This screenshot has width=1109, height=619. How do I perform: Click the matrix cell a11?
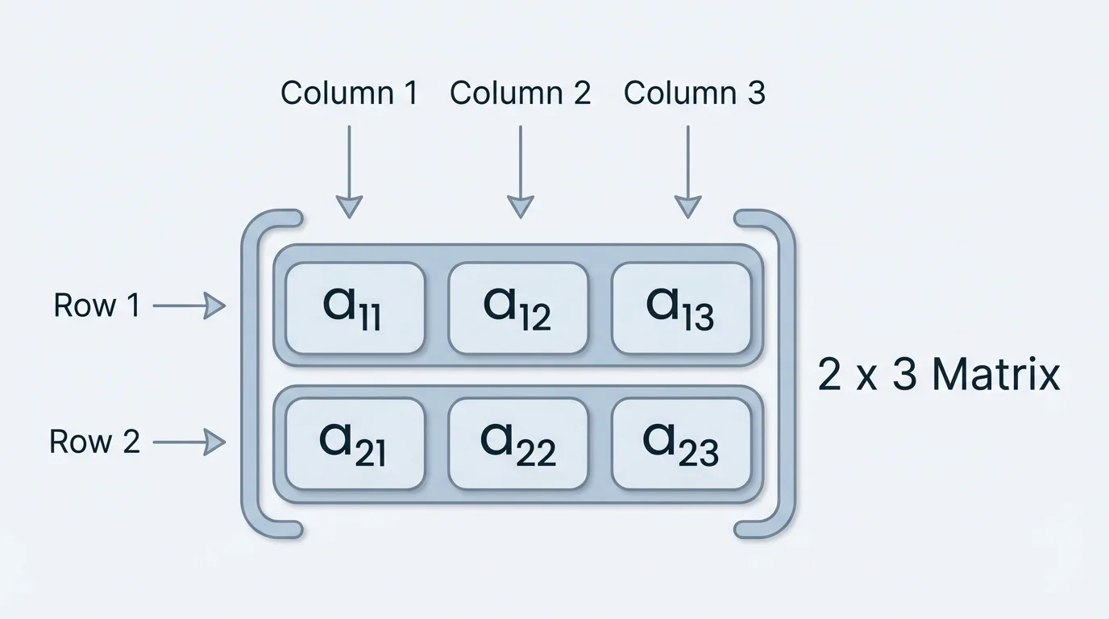click(355, 308)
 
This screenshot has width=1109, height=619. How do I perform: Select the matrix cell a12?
click(517, 308)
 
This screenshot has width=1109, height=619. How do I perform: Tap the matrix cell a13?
click(681, 308)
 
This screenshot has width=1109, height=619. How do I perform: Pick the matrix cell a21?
click(355, 444)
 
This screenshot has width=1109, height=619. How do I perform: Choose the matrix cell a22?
click(517, 444)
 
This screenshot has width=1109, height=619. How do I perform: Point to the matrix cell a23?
click(681, 444)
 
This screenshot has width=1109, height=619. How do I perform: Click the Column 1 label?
click(349, 93)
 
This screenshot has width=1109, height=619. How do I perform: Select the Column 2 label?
click(520, 93)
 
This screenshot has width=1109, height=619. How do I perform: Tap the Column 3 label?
click(694, 93)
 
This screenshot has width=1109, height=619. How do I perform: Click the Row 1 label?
click(97, 305)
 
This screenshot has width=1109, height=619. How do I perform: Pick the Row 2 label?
click(94, 442)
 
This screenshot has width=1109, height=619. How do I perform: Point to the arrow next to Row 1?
click(189, 306)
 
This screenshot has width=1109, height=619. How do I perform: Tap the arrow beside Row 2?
click(189, 442)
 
